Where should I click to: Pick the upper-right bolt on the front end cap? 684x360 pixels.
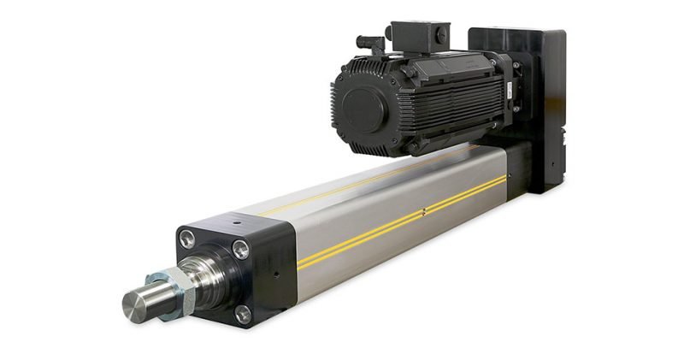(242, 250)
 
